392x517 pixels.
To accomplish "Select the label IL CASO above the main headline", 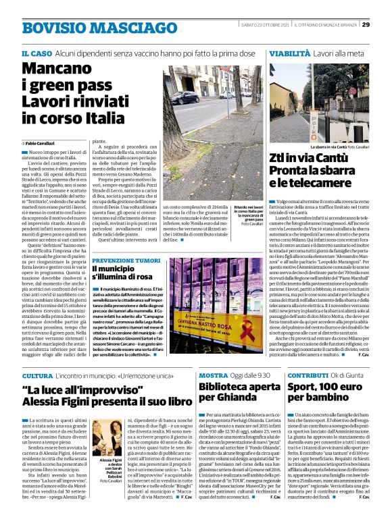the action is (x=36, y=53).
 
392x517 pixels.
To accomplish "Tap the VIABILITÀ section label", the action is (x=289, y=53).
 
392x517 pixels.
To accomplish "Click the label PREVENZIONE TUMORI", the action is (x=126, y=260).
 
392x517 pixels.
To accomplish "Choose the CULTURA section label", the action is (x=37, y=375).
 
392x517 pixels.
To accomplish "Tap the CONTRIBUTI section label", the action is (x=308, y=375).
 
